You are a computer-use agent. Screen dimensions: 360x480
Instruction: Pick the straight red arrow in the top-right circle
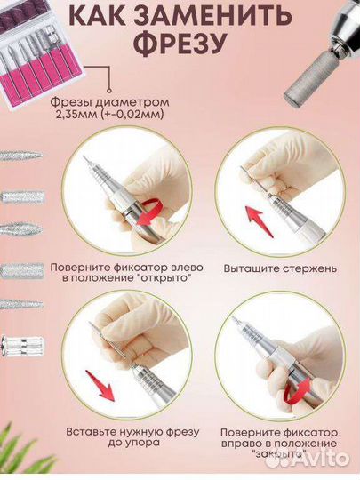click(260, 221)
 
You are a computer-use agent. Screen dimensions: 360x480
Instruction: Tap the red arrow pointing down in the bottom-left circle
click(100, 385)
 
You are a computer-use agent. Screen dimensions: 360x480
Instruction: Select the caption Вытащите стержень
click(280, 268)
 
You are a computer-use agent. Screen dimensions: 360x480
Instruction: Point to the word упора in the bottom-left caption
click(146, 443)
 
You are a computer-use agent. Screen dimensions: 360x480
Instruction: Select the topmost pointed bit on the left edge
click(20, 156)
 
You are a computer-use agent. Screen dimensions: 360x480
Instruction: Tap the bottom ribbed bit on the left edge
click(22, 345)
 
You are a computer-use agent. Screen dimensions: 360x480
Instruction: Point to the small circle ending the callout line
click(108, 91)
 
